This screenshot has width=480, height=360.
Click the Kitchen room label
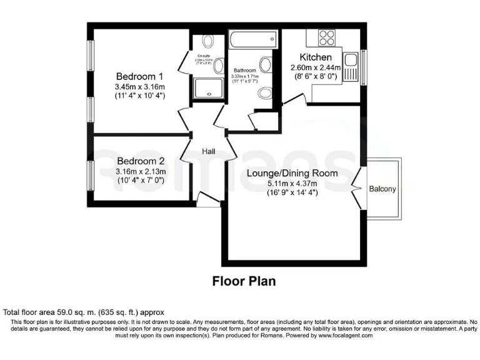pos(315,57)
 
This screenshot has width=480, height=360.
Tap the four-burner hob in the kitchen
pos(326,38)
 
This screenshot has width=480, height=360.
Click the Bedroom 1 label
pos(139,76)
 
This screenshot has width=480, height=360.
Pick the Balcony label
pos(382,189)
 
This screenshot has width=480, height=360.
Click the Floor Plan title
pos(244,281)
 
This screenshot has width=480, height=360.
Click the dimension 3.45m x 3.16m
pos(139,86)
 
